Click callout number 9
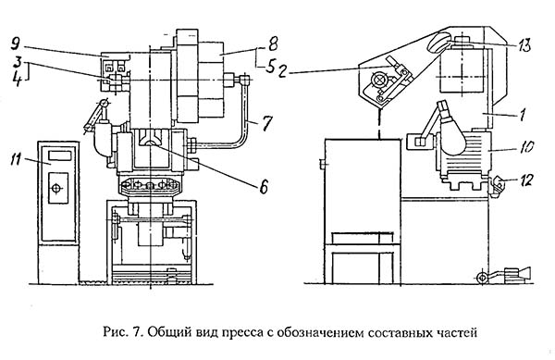(x=15, y=44)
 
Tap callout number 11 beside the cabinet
(x=16, y=160)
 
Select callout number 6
(x=264, y=187)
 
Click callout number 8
(x=273, y=43)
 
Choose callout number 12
(x=526, y=180)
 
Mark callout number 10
(x=526, y=146)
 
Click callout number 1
(x=522, y=115)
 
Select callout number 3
(x=17, y=63)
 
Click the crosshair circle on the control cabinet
(x=56, y=188)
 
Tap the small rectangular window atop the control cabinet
(x=60, y=155)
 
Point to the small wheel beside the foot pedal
(x=482, y=278)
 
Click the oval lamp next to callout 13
(x=438, y=43)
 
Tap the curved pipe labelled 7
(x=243, y=117)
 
